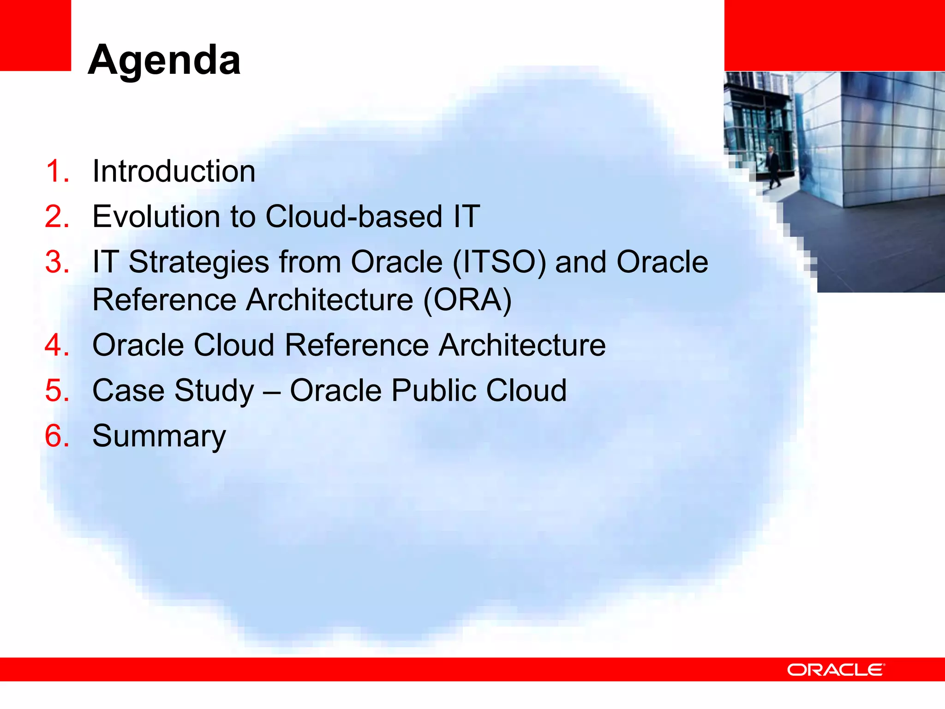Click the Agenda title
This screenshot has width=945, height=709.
pyautogui.click(x=164, y=60)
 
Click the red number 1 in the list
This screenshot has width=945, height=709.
pyautogui.click(x=56, y=171)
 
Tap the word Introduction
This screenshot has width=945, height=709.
pyautogui.click(x=173, y=171)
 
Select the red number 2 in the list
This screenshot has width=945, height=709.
pyautogui.click(x=56, y=216)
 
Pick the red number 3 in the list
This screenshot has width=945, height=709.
pyautogui.click(x=56, y=262)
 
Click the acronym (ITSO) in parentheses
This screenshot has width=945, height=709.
pyautogui.click(x=499, y=262)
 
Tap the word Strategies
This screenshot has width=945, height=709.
pyautogui.click(x=198, y=262)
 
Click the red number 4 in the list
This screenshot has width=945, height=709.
pyautogui.click(x=56, y=345)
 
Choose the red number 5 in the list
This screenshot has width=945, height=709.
pyautogui.click(x=56, y=391)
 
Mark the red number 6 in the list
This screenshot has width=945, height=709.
pyautogui.click(x=56, y=436)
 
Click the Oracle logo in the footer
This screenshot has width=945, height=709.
pyautogui.click(x=836, y=670)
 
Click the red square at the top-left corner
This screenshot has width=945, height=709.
pyautogui.click(x=35, y=35)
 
